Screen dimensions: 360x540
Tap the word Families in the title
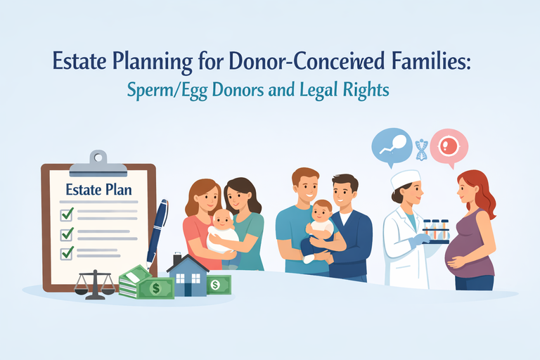[x=424, y=63]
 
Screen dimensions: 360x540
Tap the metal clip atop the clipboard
[x=98, y=159]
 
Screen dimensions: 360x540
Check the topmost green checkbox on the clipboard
[x=67, y=214]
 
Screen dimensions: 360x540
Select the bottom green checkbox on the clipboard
[x=67, y=252]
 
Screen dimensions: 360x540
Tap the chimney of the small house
[x=177, y=259]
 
